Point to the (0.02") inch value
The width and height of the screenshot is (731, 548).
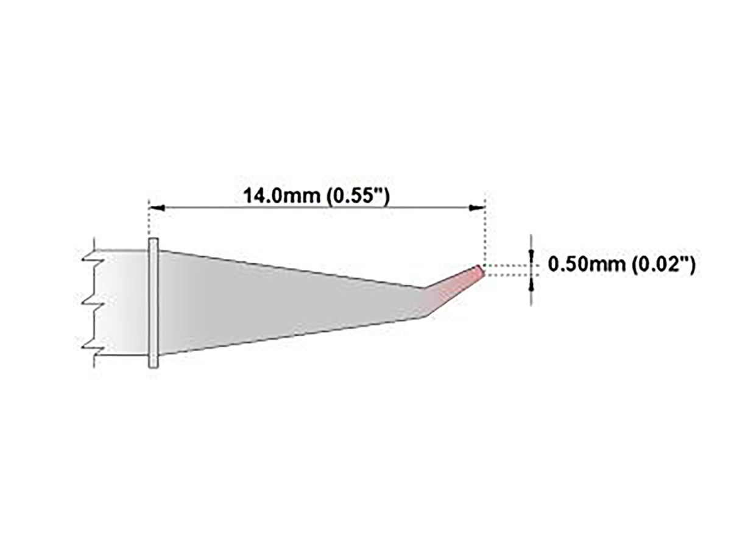click(x=663, y=264)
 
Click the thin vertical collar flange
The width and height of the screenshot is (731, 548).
click(x=154, y=303)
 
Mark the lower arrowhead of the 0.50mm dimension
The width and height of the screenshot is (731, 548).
click(x=532, y=281)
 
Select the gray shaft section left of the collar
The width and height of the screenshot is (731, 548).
click(x=122, y=301)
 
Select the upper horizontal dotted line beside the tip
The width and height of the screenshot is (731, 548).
click(x=506, y=265)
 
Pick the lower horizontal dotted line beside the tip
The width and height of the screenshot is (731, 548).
click(x=506, y=275)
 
